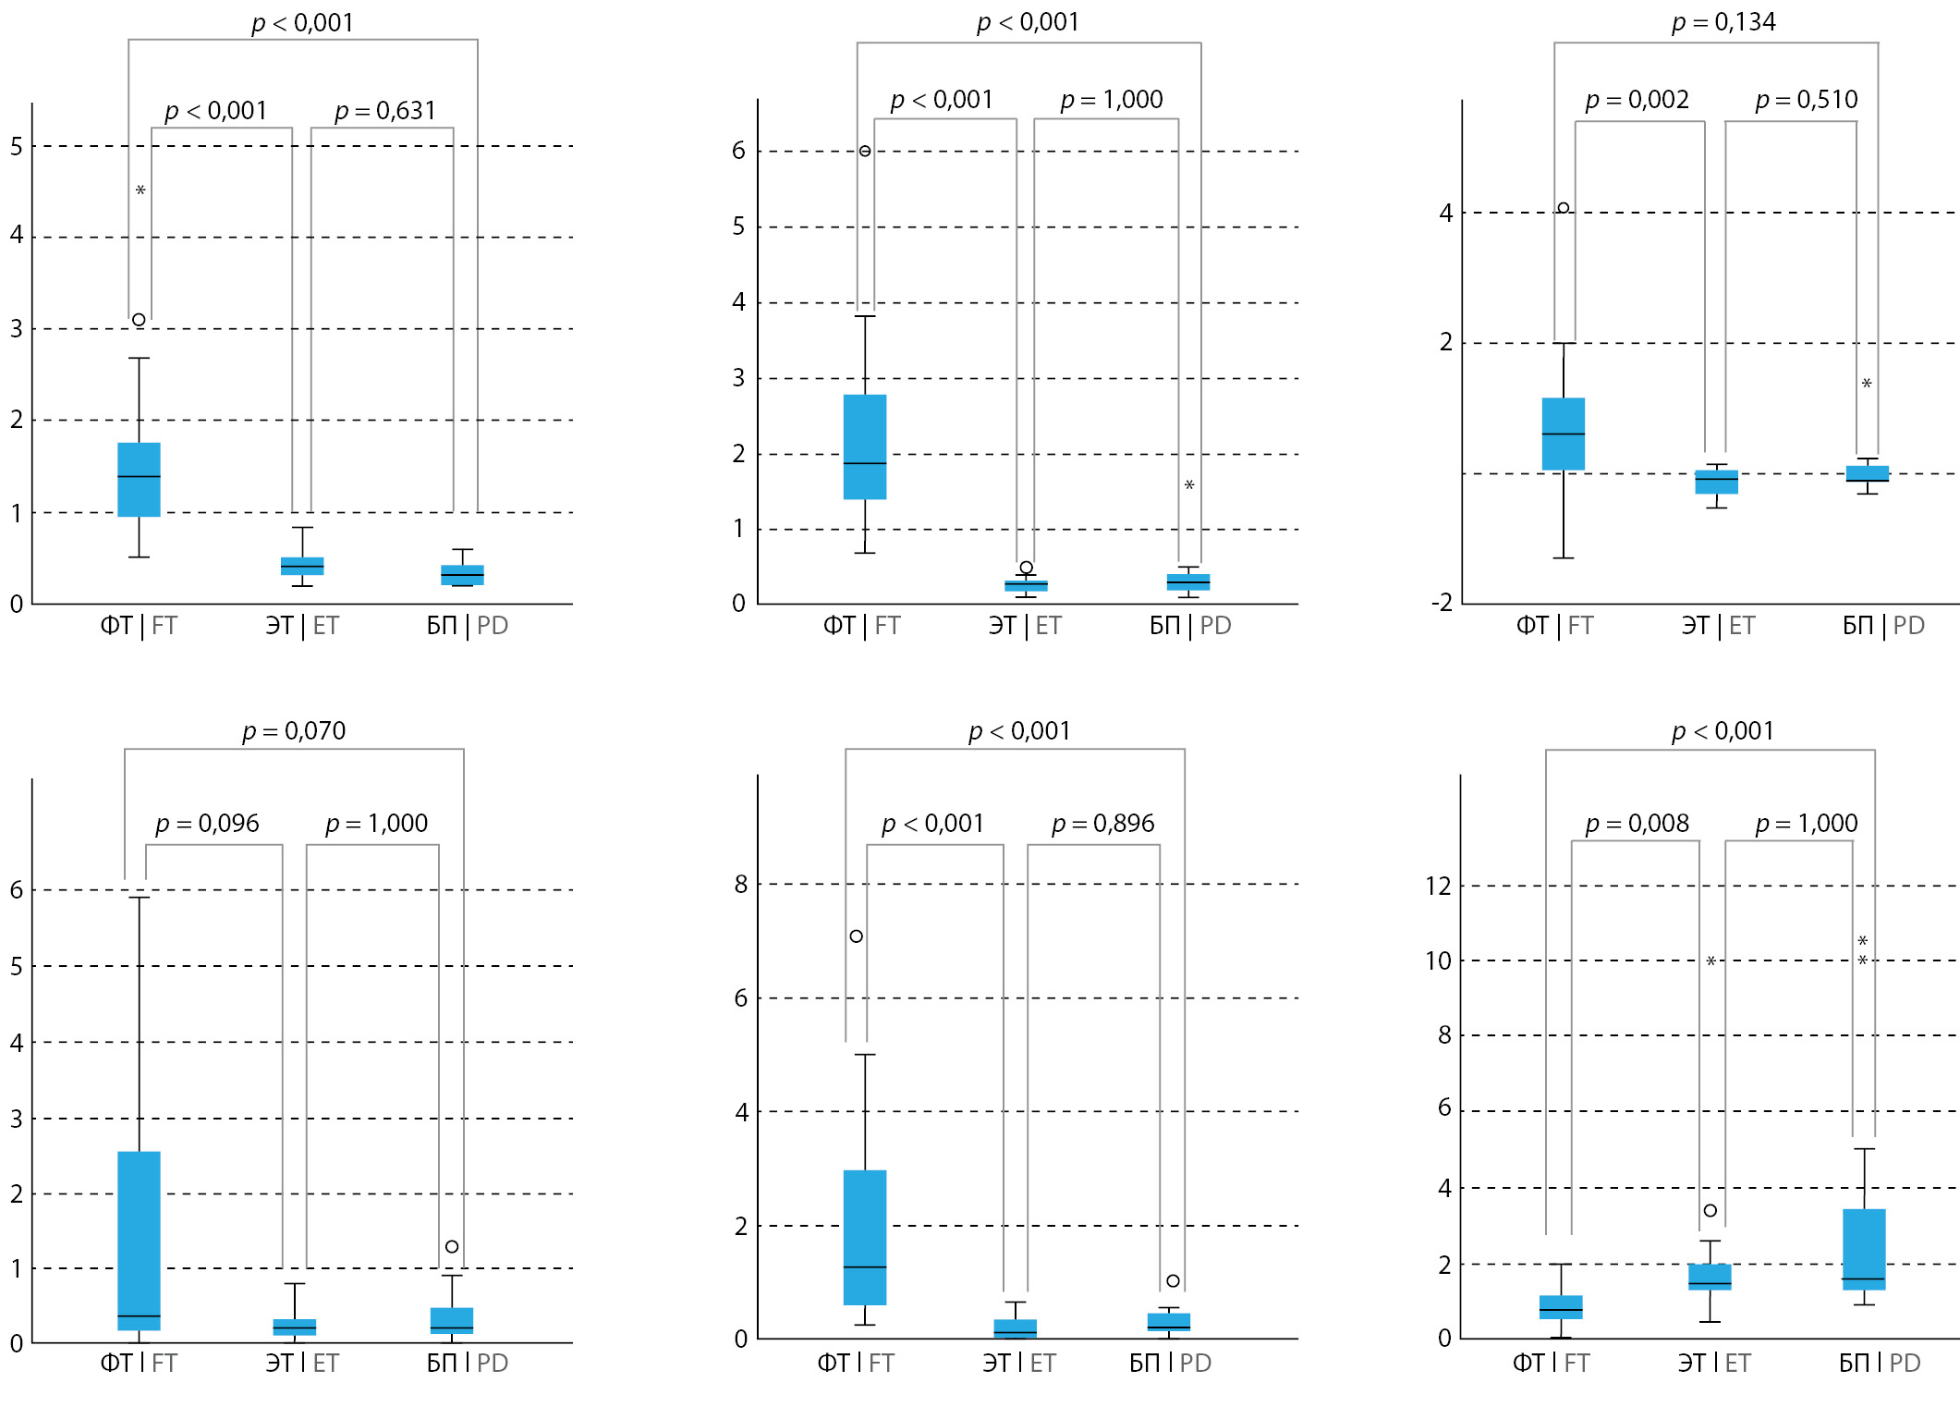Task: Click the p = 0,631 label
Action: pos(384,111)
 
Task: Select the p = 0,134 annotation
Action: pos(1723,22)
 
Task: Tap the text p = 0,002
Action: pos(1637,100)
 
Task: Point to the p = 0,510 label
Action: pos(1806,100)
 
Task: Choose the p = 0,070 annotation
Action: pos(294,731)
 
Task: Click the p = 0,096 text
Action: pos(207,824)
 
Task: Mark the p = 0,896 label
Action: pos(1102,824)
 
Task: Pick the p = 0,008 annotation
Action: pos(1637,824)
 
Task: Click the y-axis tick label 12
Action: pos(1438,887)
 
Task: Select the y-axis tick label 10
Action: pos(1438,961)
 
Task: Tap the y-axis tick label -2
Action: pos(1442,603)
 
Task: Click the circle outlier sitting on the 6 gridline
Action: pos(865,151)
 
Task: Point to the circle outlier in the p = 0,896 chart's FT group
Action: pos(857,936)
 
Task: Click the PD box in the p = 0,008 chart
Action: pos(1864,1249)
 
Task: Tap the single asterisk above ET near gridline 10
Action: pos(1710,961)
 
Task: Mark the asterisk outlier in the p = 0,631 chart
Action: pos(140,190)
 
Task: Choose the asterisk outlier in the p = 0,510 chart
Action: pos(1867,384)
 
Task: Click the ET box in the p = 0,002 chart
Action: pos(1716,482)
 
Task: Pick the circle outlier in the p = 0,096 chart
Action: pos(452,1247)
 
